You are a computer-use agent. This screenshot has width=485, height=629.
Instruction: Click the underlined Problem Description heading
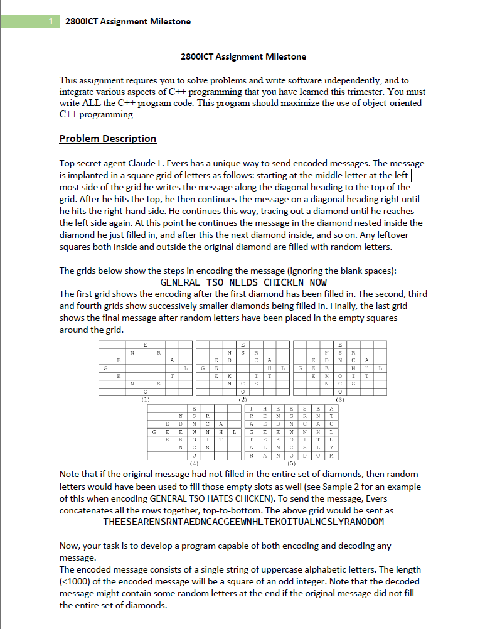click(107, 139)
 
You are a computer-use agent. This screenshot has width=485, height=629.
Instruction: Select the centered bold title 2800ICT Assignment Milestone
click(243, 57)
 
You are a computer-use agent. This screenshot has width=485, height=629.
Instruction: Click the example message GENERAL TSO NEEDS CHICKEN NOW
click(243, 282)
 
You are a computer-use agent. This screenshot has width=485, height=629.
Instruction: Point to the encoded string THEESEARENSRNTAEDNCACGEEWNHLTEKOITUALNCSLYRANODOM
click(243, 522)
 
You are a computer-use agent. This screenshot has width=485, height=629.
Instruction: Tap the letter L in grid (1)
click(186, 367)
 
